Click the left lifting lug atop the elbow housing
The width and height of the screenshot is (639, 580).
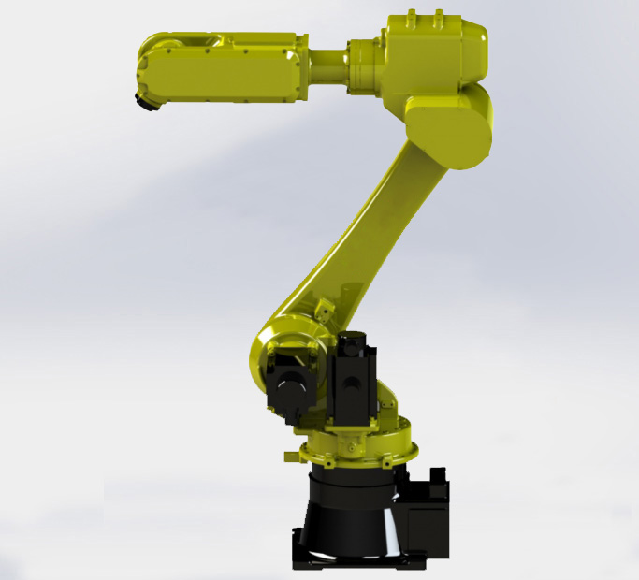(x=412, y=16)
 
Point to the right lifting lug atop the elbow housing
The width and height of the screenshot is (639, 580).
(x=437, y=16)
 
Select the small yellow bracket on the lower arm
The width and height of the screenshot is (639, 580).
(x=323, y=307)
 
